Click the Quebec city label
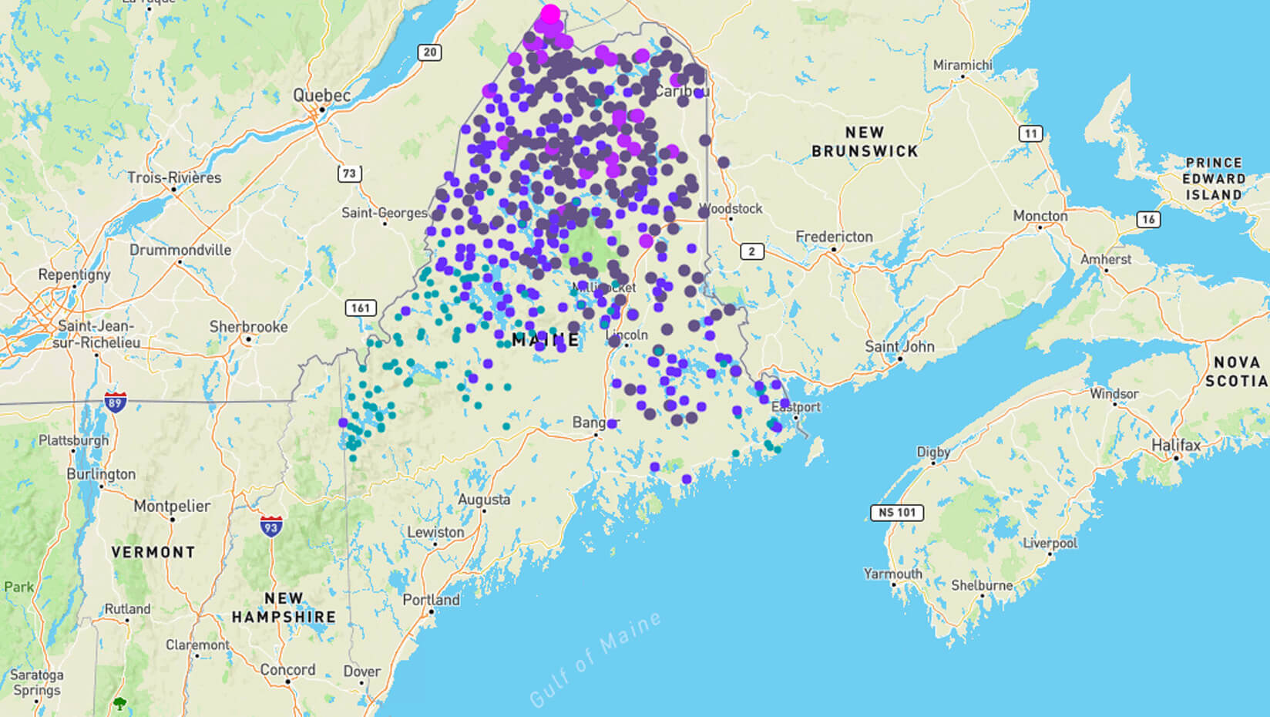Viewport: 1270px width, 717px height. [x=321, y=96]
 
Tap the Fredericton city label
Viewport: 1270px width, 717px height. [x=834, y=237]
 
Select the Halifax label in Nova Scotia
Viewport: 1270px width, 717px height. [x=1175, y=445]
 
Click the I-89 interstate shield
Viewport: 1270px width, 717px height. [x=115, y=401]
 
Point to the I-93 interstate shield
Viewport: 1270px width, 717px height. [x=271, y=527]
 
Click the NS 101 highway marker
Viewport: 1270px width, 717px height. [x=896, y=512]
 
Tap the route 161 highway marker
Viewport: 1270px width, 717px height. [x=360, y=308]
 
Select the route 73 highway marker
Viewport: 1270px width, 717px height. [x=349, y=173]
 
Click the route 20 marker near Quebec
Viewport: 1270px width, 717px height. [x=429, y=52]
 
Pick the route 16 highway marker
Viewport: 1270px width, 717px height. [x=1148, y=219]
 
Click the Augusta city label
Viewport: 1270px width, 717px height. [x=484, y=500]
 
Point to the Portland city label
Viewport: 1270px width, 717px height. [x=431, y=600]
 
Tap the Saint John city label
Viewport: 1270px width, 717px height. [x=899, y=346]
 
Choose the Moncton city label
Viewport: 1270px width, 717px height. [x=1040, y=216]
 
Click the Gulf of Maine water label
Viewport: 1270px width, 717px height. [x=594, y=659]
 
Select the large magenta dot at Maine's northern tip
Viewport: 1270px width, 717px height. [x=550, y=15]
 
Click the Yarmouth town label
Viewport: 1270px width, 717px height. [x=892, y=574]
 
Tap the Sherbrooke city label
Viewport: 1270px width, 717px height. [x=248, y=327]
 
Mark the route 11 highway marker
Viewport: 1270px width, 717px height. [x=1031, y=133]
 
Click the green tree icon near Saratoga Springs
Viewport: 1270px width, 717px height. [x=119, y=703]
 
